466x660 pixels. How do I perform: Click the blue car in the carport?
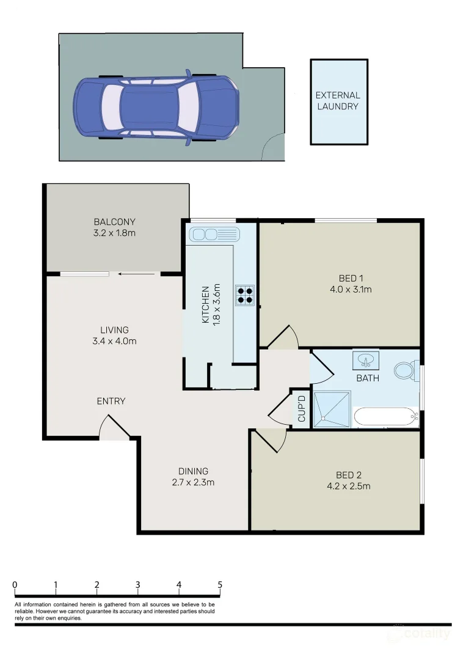tap(156, 108)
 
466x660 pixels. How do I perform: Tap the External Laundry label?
tap(338, 101)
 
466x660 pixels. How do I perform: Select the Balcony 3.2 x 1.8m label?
tap(114, 227)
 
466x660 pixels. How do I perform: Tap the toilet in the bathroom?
tap(404, 370)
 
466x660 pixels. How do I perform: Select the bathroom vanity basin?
tap(366, 360)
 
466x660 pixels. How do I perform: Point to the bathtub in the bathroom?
tap(385, 417)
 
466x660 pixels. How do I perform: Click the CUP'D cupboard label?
tap(301, 409)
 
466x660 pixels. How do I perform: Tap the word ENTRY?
tap(111, 401)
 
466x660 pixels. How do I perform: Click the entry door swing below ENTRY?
tap(114, 428)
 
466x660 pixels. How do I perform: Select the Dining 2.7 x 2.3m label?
tap(193, 477)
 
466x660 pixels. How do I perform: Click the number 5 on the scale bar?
tap(220, 585)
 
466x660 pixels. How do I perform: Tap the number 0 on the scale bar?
tap(15, 585)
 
